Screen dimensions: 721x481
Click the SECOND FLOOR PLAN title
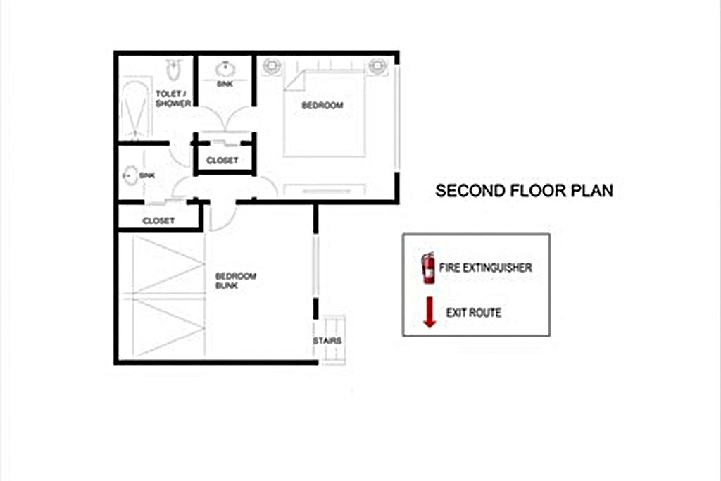(524, 190)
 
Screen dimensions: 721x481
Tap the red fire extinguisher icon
(428, 268)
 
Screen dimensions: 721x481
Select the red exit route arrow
(430, 312)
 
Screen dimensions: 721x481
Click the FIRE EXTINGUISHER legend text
(486, 268)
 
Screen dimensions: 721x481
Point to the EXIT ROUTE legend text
(474, 313)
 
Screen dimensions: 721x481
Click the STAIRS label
(327, 341)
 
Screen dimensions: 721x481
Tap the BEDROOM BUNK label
(236, 280)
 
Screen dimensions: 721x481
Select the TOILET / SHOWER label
(173, 99)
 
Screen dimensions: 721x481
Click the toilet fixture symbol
(173, 69)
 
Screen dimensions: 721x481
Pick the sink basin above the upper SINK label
(225, 70)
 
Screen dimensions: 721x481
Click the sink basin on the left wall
(130, 175)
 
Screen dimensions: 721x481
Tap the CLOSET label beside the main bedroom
(222, 161)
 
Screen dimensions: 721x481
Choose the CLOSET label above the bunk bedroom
(158, 220)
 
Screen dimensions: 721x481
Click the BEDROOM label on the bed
(322, 106)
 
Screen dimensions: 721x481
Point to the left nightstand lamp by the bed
(272, 66)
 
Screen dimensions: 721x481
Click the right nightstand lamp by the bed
(377, 66)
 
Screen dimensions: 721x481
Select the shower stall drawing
(134, 109)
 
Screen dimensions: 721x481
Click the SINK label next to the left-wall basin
(146, 175)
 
